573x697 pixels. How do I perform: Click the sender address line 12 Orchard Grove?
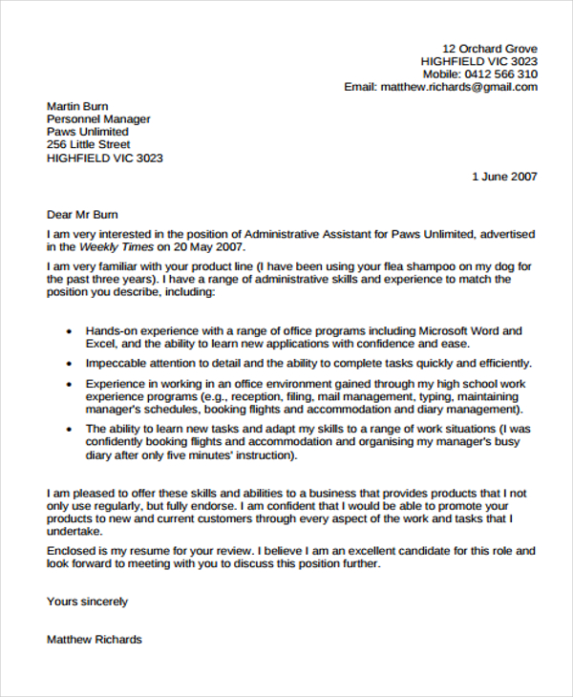(x=490, y=49)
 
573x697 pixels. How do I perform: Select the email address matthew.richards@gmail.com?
(x=458, y=87)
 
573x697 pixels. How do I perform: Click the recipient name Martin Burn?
(x=77, y=106)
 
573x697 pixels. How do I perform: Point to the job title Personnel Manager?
(x=98, y=119)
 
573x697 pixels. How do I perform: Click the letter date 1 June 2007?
(x=505, y=177)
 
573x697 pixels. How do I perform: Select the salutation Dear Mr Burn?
(x=82, y=215)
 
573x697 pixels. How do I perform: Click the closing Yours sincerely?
(x=87, y=602)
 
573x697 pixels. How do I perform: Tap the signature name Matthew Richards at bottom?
(x=94, y=639)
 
